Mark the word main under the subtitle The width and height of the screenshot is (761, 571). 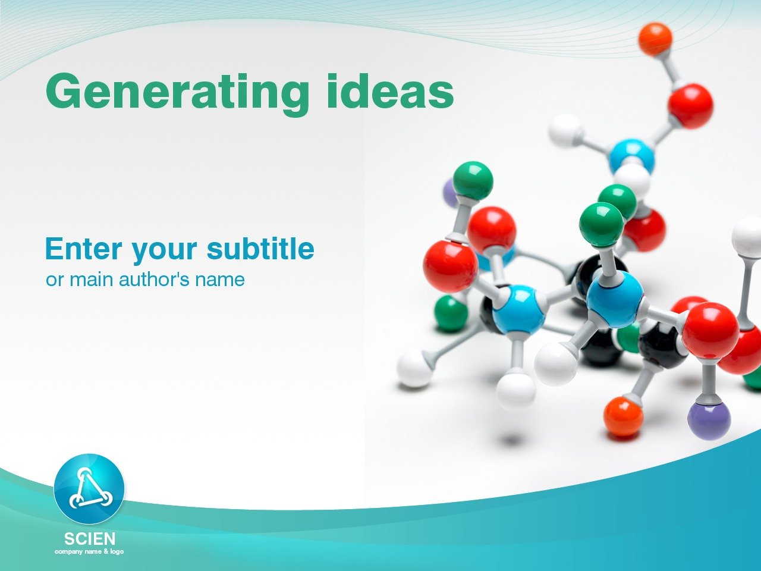[92, 280]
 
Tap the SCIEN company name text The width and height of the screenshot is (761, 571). [89, 539]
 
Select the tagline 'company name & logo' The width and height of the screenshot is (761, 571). [89, 552]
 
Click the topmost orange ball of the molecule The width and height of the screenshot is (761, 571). [655, 39]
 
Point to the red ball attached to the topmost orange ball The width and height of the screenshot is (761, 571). [690, 106]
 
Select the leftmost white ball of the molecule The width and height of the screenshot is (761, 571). [414, 369]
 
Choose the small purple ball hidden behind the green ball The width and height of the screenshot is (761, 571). [449, 193]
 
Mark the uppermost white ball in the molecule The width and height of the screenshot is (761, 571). [565, 130]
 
